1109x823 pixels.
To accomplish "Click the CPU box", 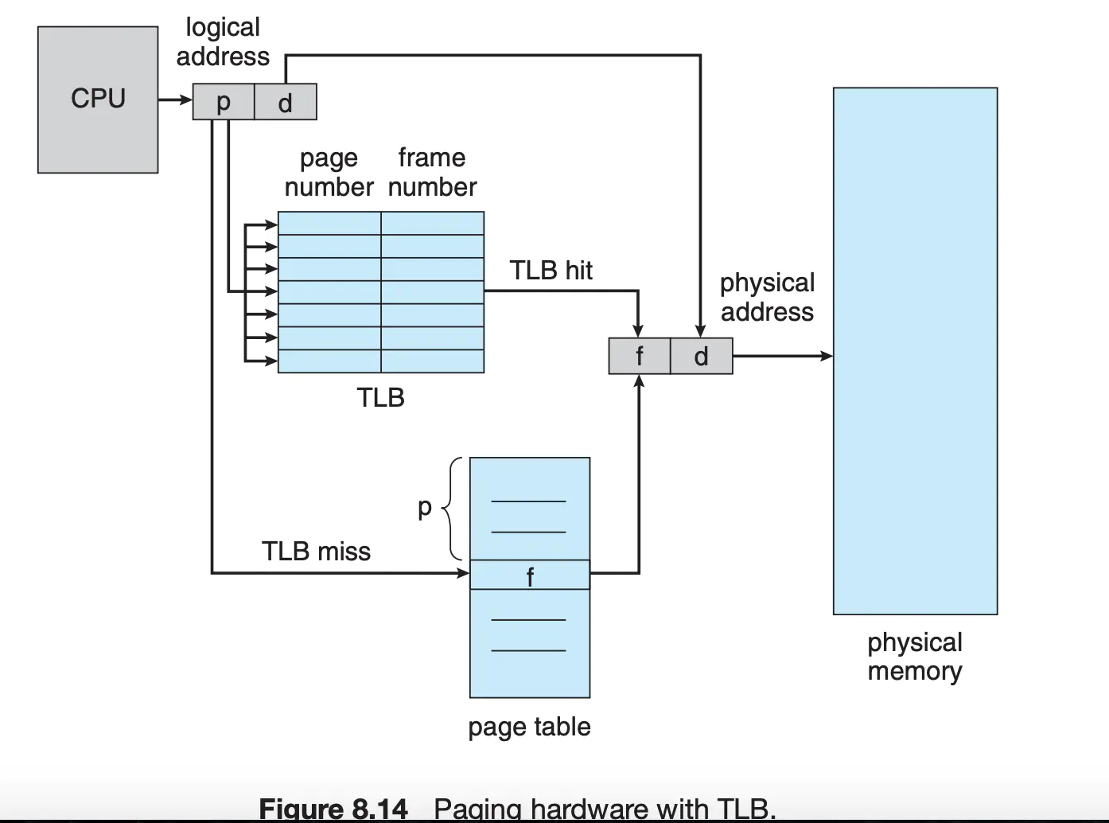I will [98, 99].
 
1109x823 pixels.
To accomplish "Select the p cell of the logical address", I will [224, 102].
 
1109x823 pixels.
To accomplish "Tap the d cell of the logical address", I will [286, 102].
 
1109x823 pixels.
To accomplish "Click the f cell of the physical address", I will [640, 356].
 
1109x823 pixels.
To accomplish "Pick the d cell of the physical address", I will [701, 356].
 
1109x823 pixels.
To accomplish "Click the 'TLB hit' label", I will [551, 271].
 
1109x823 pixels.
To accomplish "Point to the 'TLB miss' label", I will [316, 551].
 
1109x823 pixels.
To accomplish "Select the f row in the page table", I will [530, 575].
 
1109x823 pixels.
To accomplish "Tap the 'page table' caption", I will [529, 727].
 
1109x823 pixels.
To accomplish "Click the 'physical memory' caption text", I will [915, 657].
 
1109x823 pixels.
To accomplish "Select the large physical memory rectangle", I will [915, 350].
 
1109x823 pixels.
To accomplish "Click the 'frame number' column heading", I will [432, 172].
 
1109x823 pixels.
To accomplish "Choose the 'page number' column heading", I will [329, 172].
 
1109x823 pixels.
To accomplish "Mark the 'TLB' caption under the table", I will [380, 397].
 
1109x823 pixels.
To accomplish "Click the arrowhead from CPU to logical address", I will [187, 100].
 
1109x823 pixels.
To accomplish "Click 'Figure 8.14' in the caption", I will [333, 809].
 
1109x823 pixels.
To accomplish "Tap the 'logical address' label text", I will [223, 41].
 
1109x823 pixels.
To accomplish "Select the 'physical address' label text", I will [767, 297].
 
